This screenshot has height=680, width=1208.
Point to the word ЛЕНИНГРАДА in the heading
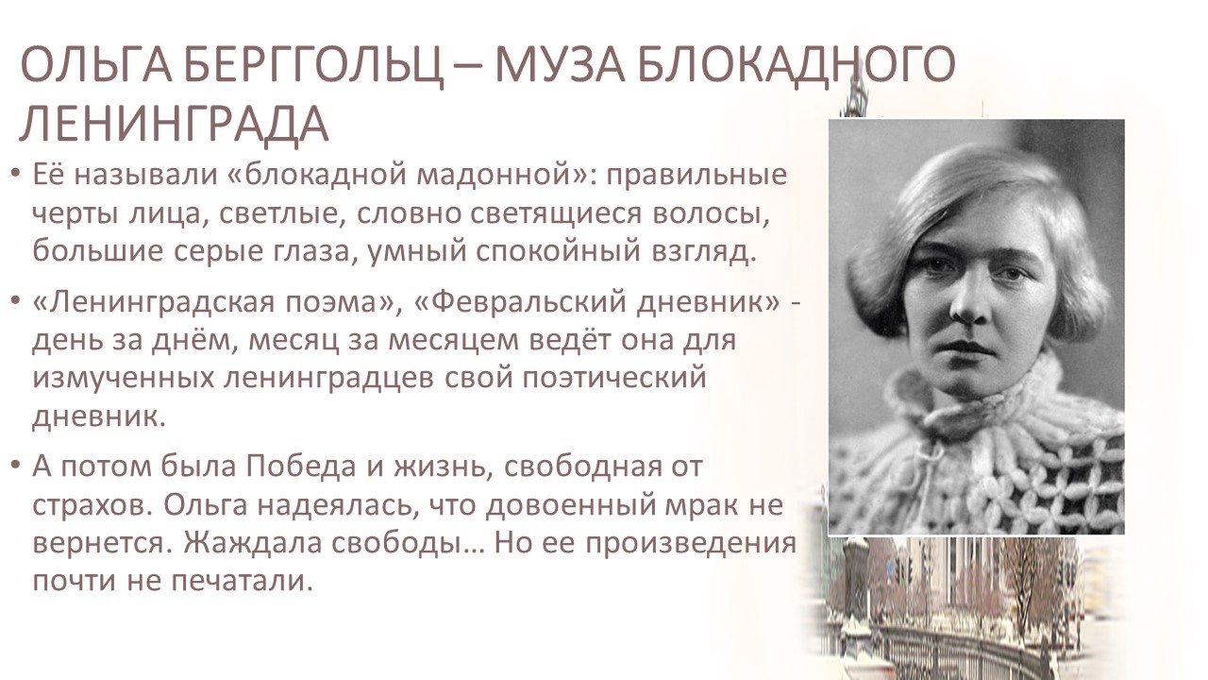click(174, 124)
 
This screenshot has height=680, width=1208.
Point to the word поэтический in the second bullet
click(613, 378)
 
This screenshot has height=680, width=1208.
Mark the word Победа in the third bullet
click(301, 467)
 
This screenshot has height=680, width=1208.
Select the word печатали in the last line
click(243, 582)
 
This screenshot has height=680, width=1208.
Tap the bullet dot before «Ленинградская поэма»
click(15, 300)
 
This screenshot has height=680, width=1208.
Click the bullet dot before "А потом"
click(15, 464)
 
